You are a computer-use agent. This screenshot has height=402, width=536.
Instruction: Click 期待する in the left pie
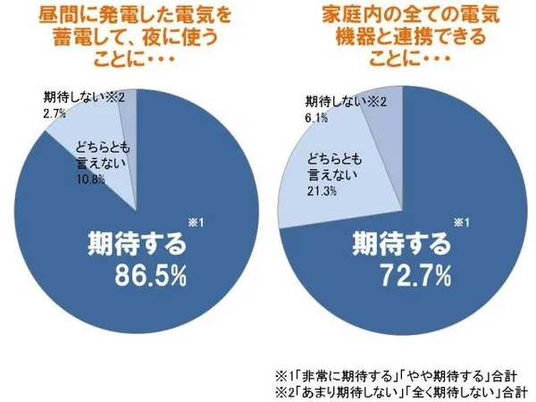136,241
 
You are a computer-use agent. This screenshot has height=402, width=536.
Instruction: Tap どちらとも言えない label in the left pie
99,155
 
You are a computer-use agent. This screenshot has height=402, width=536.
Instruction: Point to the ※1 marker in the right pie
459,222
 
